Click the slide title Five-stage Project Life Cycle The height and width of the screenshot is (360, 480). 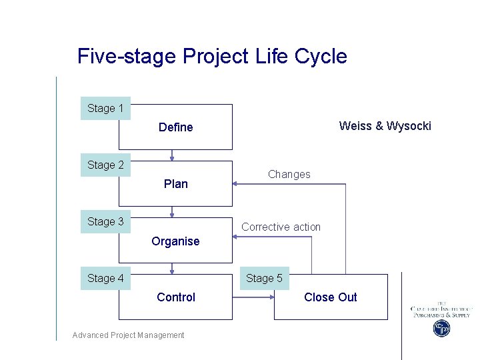pos(212,56)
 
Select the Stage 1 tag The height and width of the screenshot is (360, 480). pos(105,108)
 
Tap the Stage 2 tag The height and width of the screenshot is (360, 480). pos(105,165)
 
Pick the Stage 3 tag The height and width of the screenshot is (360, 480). pos(105,221)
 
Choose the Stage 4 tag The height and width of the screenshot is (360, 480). pos(105,278)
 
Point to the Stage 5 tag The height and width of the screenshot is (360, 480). pos(264,278)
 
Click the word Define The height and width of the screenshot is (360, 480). pos(176,127)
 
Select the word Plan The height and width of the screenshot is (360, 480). pos(176,184)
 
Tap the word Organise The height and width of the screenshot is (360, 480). pos(175,241)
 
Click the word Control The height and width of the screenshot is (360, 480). pos(176,297)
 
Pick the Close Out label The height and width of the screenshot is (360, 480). pos(330,297)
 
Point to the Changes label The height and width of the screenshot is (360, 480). pos(289,175)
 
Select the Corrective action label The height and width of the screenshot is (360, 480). pos(281,227)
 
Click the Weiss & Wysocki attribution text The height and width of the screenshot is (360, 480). pos(385,126)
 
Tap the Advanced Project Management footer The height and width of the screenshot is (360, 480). pos(128,335)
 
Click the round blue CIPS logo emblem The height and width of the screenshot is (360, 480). pos(442,329)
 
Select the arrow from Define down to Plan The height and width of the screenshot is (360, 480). pos(173,155)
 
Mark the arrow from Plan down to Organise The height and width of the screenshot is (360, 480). pos(173,212)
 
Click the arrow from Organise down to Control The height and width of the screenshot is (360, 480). pos(173,269)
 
